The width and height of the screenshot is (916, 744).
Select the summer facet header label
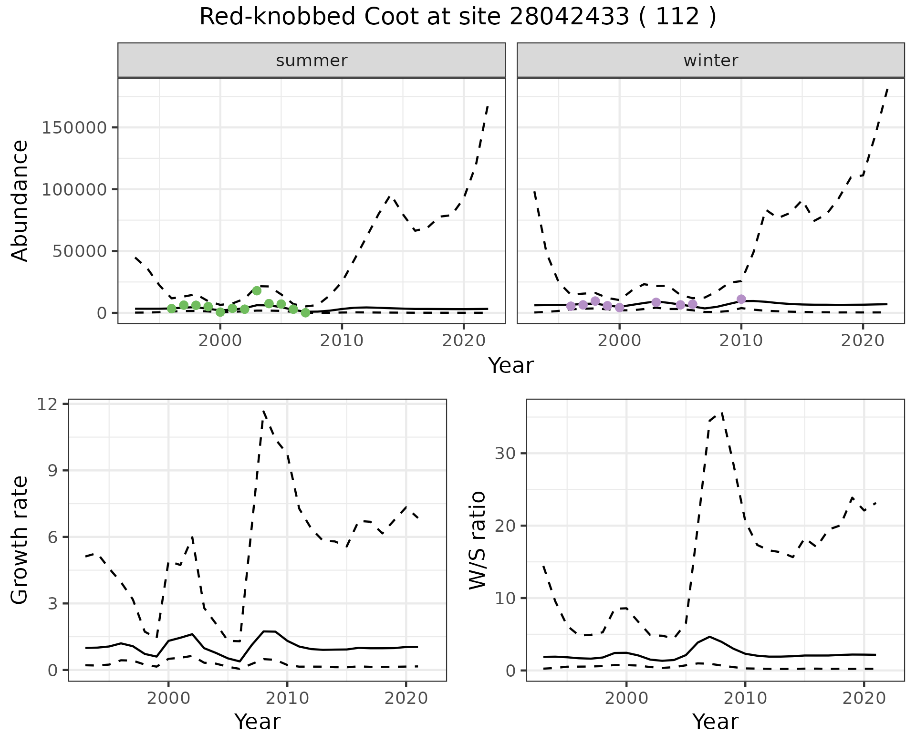pos(312,61)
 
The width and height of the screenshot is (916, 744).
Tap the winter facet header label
pos(710,61)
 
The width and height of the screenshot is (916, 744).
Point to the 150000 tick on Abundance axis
pos(73,128)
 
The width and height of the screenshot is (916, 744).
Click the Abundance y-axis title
pos(20,200)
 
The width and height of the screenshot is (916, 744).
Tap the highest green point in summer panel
pos(257,290)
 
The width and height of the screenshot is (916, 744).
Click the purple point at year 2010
pos(741,299)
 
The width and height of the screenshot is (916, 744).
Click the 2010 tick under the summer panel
pos(342,341)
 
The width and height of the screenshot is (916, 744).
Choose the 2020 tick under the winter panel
pos(863,341)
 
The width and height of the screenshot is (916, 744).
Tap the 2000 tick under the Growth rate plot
pos(168,699)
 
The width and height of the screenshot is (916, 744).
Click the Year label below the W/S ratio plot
pos(715,722)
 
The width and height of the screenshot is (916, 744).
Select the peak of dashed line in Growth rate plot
pos(263,411)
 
